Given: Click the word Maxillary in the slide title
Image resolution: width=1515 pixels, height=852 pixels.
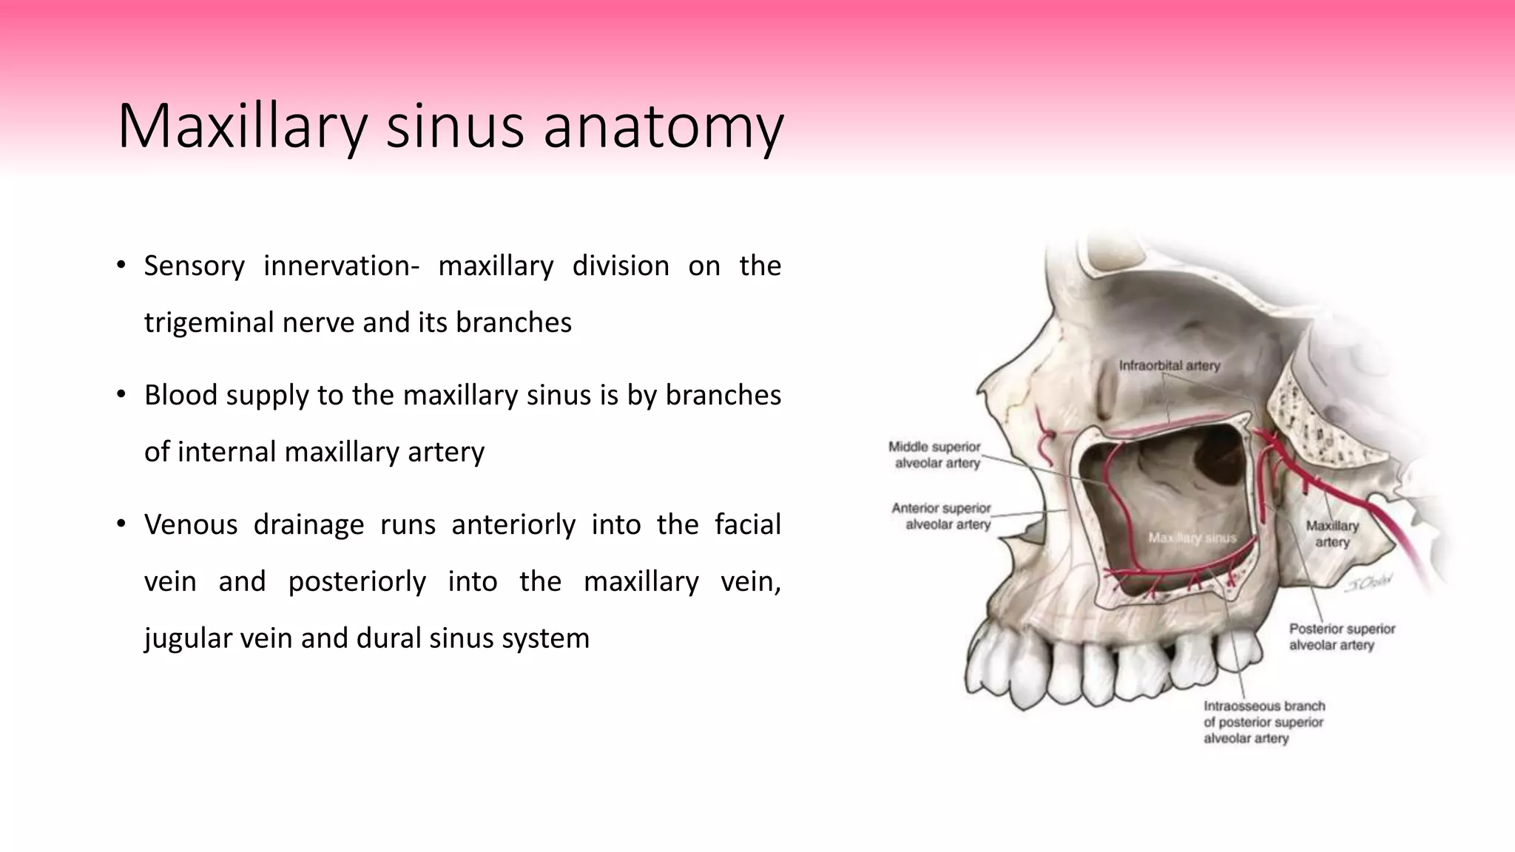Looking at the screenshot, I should click(242, 127).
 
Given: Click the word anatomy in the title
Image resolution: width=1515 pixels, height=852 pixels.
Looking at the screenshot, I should click(663, 127).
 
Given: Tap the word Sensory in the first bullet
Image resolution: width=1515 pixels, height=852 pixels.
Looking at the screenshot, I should click(194, 266).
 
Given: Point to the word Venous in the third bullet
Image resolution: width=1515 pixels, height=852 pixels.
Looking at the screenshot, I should click(190, 524).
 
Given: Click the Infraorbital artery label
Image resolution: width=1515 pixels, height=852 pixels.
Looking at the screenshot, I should click(1169, 365).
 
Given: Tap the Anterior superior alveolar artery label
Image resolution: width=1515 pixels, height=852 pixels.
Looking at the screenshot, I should click(942, 516).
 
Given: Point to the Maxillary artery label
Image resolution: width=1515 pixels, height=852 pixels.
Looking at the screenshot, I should click(1332, 534).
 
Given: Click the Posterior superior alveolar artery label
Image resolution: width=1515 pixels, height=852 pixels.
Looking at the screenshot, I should click(1341, 637).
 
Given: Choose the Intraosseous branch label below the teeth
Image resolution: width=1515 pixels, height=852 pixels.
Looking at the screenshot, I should click(1263, 722).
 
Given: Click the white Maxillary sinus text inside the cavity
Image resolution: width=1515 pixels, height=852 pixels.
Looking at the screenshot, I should click(1192, 538).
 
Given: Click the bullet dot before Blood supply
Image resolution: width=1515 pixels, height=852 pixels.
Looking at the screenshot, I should click(121, 395).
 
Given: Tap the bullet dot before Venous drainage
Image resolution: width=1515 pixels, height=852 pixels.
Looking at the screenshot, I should click(121, 524).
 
